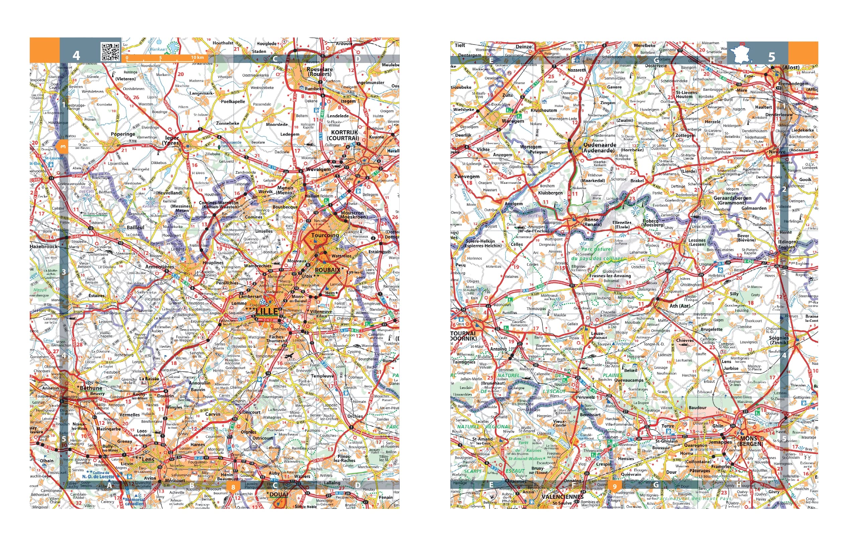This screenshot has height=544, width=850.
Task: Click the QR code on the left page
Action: [110, 52]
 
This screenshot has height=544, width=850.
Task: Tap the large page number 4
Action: [76, 56]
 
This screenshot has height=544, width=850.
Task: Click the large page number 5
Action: [772, 57]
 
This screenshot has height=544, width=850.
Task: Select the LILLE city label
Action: [267, 311]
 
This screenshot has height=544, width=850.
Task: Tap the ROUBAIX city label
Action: [327, 270]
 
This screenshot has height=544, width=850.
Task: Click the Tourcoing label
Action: [325, 235]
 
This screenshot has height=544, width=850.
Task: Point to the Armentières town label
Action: [160, 267]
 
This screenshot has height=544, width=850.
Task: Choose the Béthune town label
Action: [91, 388]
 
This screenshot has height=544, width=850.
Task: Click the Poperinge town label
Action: [122, 134]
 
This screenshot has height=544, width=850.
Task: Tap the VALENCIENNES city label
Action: [562, 497]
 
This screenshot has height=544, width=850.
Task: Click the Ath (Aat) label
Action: [680, 306]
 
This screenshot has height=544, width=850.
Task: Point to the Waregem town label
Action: [513, 121]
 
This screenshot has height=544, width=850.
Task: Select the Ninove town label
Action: [777, 152]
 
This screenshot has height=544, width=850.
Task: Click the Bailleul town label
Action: [135, 228]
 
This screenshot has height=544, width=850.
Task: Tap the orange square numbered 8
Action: [233, 487]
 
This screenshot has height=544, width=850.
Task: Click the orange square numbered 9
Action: [614, 486]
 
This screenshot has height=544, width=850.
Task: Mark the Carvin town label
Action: [212, 414]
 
